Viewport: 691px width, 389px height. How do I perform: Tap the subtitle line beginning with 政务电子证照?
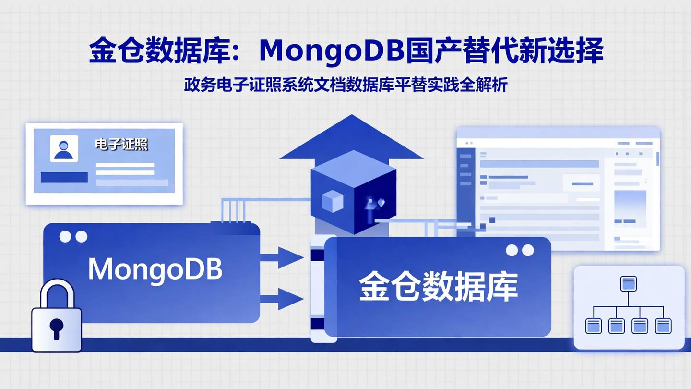(x=345, y=85)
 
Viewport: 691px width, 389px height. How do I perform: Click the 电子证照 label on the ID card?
(x=121, y=144)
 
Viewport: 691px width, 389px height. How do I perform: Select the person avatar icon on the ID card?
(x=64, y=148)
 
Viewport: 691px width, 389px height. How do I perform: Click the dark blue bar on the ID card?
(x=64, y=177)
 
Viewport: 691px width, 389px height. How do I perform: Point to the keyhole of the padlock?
(x=56, y=328)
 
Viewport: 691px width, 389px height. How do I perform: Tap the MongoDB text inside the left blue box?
(x=155, y=269)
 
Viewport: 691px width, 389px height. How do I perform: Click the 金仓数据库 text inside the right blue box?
(x=438, y=288)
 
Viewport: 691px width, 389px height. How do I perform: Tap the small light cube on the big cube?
(x=333, y=201)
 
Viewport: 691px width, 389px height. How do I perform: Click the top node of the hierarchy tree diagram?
(x=629, y=283)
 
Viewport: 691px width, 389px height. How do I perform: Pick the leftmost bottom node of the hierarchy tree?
(x=594, y=326)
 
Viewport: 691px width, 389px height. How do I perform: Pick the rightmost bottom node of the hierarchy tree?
(x=663, y=326)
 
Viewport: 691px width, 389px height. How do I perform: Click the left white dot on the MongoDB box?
(x=65, y=236)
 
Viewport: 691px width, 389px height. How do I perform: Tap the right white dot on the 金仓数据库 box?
(x=528, y=250)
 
